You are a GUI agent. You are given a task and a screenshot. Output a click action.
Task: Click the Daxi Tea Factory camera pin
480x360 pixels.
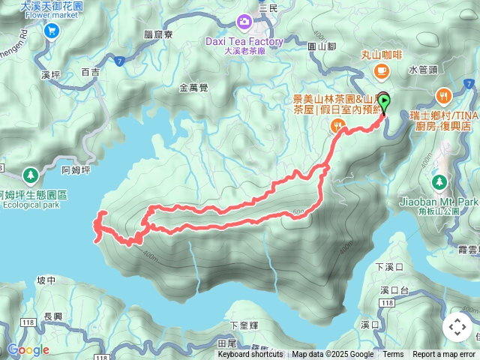(x=244, y=22)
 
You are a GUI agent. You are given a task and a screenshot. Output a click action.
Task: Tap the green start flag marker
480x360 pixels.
(x=384, y=100)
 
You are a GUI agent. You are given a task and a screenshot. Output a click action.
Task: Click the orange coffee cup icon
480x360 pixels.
(x=381, y=71)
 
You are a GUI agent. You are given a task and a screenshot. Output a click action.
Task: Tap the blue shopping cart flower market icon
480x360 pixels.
(x=51, y=30)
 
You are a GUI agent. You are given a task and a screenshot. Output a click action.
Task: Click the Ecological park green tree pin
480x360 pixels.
(x=30, y=175)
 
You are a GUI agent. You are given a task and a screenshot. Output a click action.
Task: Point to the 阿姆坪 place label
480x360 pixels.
(x=76, y=170)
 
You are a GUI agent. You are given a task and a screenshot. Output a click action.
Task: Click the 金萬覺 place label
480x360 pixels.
(x=193, y=88)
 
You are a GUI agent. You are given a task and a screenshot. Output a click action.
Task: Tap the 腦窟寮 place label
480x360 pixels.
(x=157, y=34)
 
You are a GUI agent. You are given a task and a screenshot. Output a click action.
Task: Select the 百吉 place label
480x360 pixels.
(x=90, y=73)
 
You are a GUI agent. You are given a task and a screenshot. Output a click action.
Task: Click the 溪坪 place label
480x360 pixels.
(x=50, y=75)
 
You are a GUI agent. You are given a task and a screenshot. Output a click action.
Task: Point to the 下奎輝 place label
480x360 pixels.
(x=244, y=325)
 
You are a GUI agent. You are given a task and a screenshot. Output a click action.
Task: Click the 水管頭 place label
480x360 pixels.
(x=422, y=69)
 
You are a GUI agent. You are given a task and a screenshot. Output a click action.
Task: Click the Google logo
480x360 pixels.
(x=28, y=349)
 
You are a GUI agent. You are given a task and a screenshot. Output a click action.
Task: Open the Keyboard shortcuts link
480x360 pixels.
(x=250, y=355)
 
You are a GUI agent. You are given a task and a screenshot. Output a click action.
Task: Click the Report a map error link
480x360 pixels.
(x=443, y=355)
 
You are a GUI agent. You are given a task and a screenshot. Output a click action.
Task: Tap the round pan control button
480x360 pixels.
(x=457, y=327)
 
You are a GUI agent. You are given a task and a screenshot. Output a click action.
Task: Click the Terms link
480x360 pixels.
(x=393, y=355)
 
